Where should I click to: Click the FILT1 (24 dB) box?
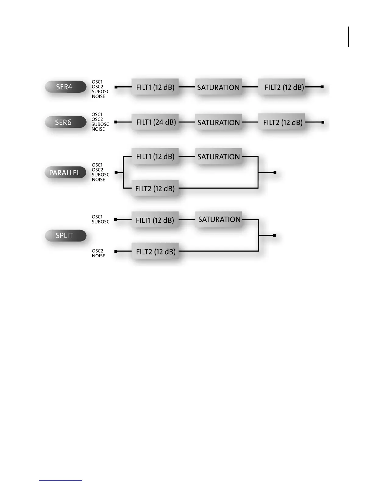click(155, 122)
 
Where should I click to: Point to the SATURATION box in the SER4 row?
click(218, 87)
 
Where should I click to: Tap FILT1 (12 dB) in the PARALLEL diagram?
click(155, 156)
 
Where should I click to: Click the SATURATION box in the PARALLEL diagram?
click(218, 156)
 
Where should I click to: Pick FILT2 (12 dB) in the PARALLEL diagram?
click(155, 188)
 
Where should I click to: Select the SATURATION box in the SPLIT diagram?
click(219, 220)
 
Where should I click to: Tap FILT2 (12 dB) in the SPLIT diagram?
click(155, 252)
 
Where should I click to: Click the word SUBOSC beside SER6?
click(100, 124)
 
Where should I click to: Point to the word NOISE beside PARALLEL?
click(98, 180)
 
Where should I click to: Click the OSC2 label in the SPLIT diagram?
click(98, 251)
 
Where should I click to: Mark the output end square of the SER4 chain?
click(322, 87)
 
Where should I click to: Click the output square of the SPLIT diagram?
click(274, 235)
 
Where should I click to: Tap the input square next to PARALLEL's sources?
click(116, 173)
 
